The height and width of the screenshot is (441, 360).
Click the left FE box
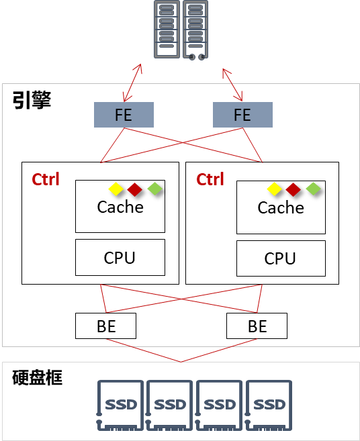[x=124, y=115]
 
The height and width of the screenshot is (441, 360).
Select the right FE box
[x=242, y=115]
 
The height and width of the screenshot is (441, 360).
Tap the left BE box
[x=106, y=326]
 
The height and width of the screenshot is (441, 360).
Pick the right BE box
[x=257, y=326]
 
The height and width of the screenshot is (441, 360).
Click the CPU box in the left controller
[x=120, y=257]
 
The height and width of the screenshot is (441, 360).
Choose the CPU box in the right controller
[x=281, y=258]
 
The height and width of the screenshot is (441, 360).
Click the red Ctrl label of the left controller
[x=46, y=179]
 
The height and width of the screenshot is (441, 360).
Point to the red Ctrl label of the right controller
[x=210, y=179]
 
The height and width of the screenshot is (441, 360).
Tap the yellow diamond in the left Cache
[x=116, y=189]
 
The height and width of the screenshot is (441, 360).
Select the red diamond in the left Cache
[x=134, y=189]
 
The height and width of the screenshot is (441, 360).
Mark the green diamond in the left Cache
[x=154, y=189]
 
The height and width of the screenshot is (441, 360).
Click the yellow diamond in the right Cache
[x=275, y=189]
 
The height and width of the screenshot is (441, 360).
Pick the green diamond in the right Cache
[x=313, y=189]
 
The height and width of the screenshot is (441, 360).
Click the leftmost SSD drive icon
[x=120, y=405]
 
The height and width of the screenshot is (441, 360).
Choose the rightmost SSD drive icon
[x=269, y=405]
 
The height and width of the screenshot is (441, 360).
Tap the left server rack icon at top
[x=167, y=30]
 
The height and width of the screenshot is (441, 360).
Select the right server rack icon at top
[x=195, y=30]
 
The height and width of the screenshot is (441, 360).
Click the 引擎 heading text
[x=32, y=100]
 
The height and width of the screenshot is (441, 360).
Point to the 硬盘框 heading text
[x=37, y=377]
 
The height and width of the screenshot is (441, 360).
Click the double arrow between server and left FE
[x=132, y=83]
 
